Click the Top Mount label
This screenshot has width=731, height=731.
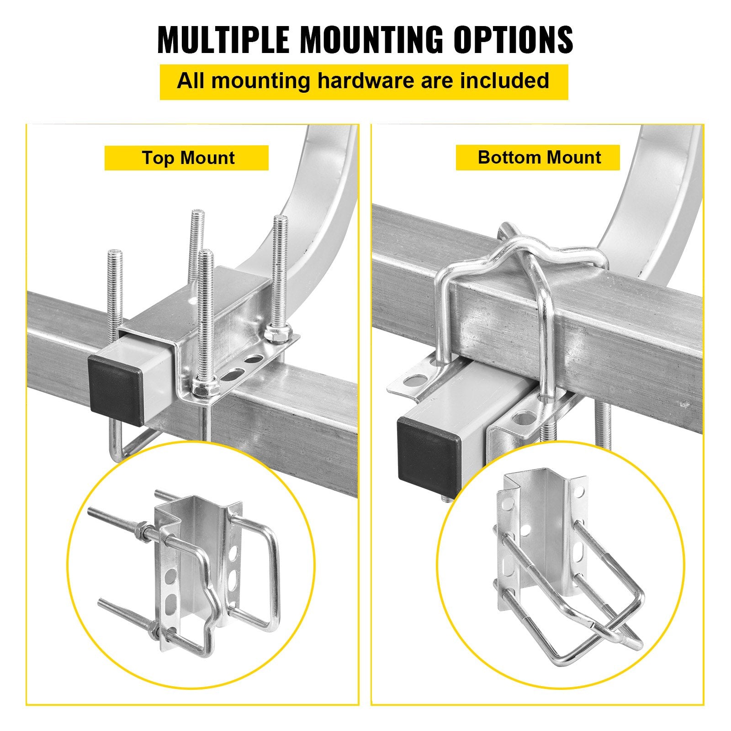pyautogui.click(x=187, y=158)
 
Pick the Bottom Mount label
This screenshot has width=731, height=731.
pyautogui.click(x=538, y=158)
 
